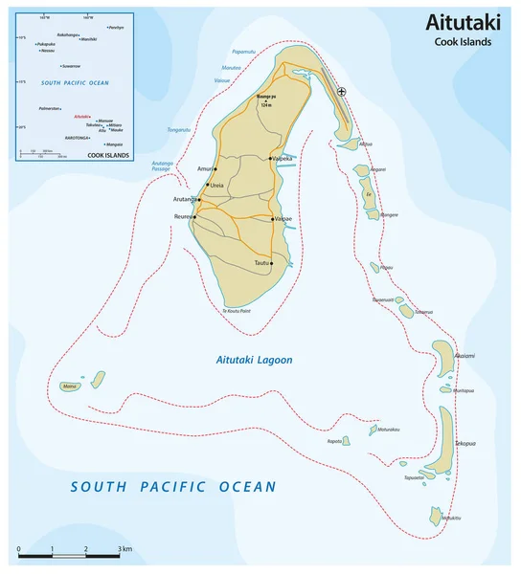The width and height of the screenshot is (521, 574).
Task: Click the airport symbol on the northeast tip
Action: coord(343,92)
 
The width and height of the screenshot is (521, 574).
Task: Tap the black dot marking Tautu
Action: coord(272,262)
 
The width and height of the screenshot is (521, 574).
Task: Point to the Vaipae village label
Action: coord(283,218)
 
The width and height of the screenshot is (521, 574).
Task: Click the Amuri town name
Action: coord(203,168)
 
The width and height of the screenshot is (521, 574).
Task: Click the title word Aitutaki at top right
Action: coord(464,23)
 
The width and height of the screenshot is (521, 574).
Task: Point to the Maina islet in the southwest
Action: coord(68,386)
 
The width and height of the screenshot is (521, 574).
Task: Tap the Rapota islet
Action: coord(346,442)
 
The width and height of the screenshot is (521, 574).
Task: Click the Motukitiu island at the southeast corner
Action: coord(436,516)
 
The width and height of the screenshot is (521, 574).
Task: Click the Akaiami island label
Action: coord(464,356)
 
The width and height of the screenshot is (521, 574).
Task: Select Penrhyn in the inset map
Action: coord(116,28)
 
